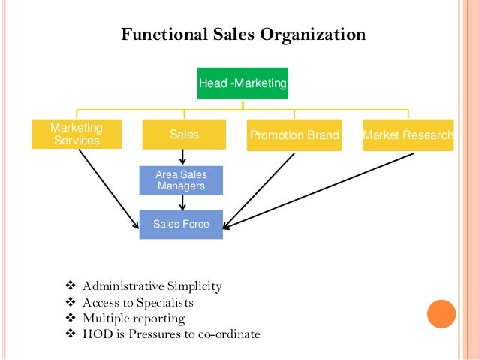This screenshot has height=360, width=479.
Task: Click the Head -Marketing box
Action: [243, 84]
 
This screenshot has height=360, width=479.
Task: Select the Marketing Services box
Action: [76, 135]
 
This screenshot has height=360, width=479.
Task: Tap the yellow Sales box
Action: [184, 135]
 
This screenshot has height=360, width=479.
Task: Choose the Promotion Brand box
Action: [294, 135]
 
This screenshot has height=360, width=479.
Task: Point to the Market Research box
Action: [408, 135]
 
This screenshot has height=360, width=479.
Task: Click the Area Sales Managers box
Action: [181, 180]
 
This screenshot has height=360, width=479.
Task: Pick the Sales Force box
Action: [181, 224]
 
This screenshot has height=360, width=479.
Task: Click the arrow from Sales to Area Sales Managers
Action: [182, 157]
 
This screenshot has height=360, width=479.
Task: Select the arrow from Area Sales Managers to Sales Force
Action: [182, 202]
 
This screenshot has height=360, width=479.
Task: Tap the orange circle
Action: [441, 314]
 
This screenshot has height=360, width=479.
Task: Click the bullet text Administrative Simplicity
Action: [152, 286]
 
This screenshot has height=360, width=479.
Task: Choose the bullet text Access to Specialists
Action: [138, 303]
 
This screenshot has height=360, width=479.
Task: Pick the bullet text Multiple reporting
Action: [134, 319]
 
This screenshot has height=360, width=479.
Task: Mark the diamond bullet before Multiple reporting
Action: [71, 319]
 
